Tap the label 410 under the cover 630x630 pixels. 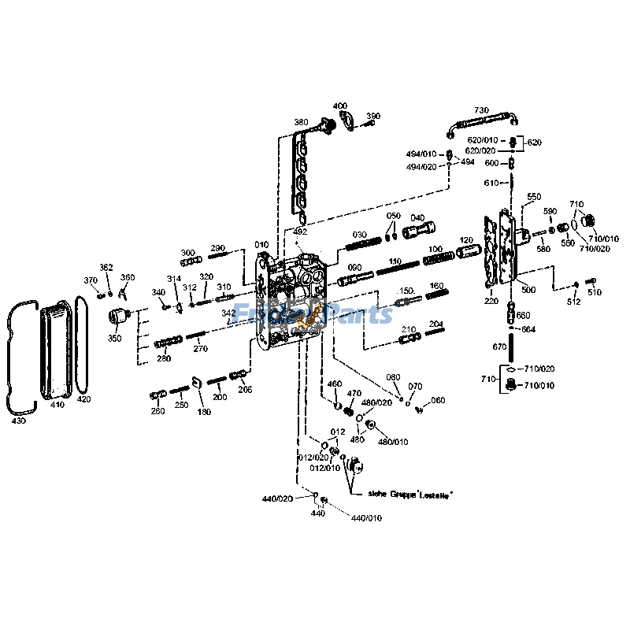[57, 405]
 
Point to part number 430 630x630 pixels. [18, 421]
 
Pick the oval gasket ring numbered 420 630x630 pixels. [82, 346]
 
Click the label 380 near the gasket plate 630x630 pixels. [301, 122]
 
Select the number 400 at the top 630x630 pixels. [339, 106]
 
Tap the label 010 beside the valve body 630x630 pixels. [261, 245]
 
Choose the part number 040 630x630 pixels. [417, 217]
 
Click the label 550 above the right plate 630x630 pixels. [534, 196]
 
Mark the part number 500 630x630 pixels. [528, 290]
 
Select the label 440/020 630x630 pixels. [277, 498]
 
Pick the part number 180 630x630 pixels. [204, 412]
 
